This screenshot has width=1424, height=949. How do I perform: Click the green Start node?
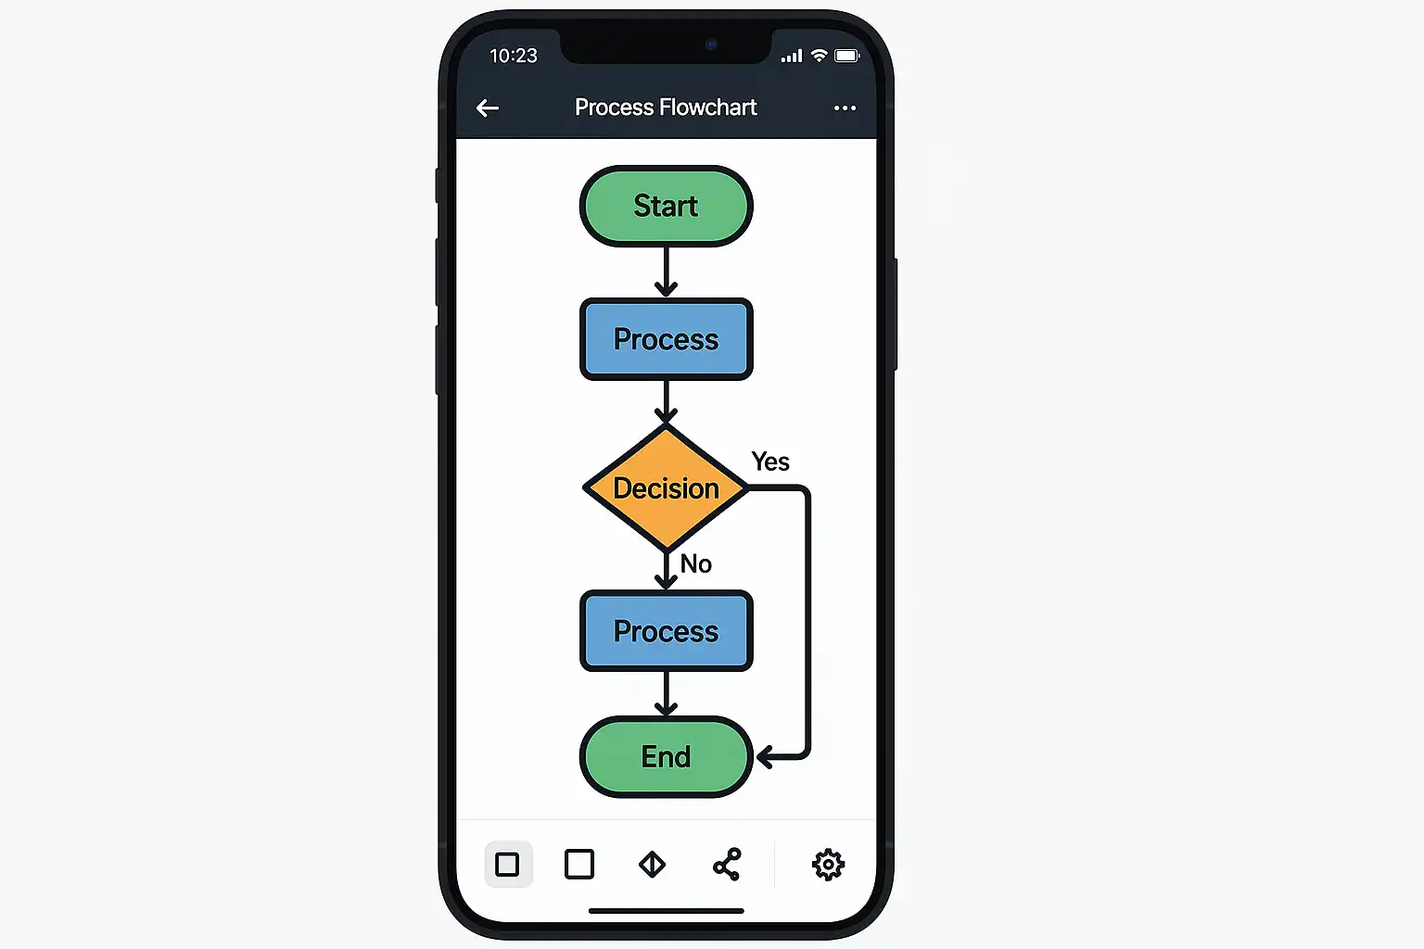(x=666, y=206)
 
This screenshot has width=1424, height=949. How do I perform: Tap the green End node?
(x=666, y=756)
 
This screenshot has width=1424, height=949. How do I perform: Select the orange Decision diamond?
(x=666, y=487)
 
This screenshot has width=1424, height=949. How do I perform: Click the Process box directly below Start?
(x=666, y=339)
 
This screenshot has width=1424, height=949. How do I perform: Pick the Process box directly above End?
(x=666, y=631)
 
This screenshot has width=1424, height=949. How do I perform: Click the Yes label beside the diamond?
(x=770, y=462)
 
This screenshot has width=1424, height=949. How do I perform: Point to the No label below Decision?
(x=696, y=563)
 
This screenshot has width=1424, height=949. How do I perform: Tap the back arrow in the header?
(x=488, y=108)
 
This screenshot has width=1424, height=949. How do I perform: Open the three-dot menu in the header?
(x=845, y=108)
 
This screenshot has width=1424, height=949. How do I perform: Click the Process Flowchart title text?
(x=666, y=108)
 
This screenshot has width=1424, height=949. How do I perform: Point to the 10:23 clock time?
(x=514, y=56)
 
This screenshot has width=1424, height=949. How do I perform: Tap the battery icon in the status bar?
(x=847, y=56)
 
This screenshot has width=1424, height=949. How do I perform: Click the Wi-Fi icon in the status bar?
(x=819, y=56)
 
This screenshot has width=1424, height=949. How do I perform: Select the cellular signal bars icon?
(x=792, y=57)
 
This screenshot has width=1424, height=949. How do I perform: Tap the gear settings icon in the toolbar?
(x=828, y=865)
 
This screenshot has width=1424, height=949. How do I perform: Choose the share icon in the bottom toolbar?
(x=727, y=865)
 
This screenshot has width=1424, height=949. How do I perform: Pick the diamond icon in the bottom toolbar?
(x=653, y=865)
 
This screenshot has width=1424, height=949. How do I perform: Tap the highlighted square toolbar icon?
(x=508, y=865)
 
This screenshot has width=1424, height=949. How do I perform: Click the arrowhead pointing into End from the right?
(x=766, y=757)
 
